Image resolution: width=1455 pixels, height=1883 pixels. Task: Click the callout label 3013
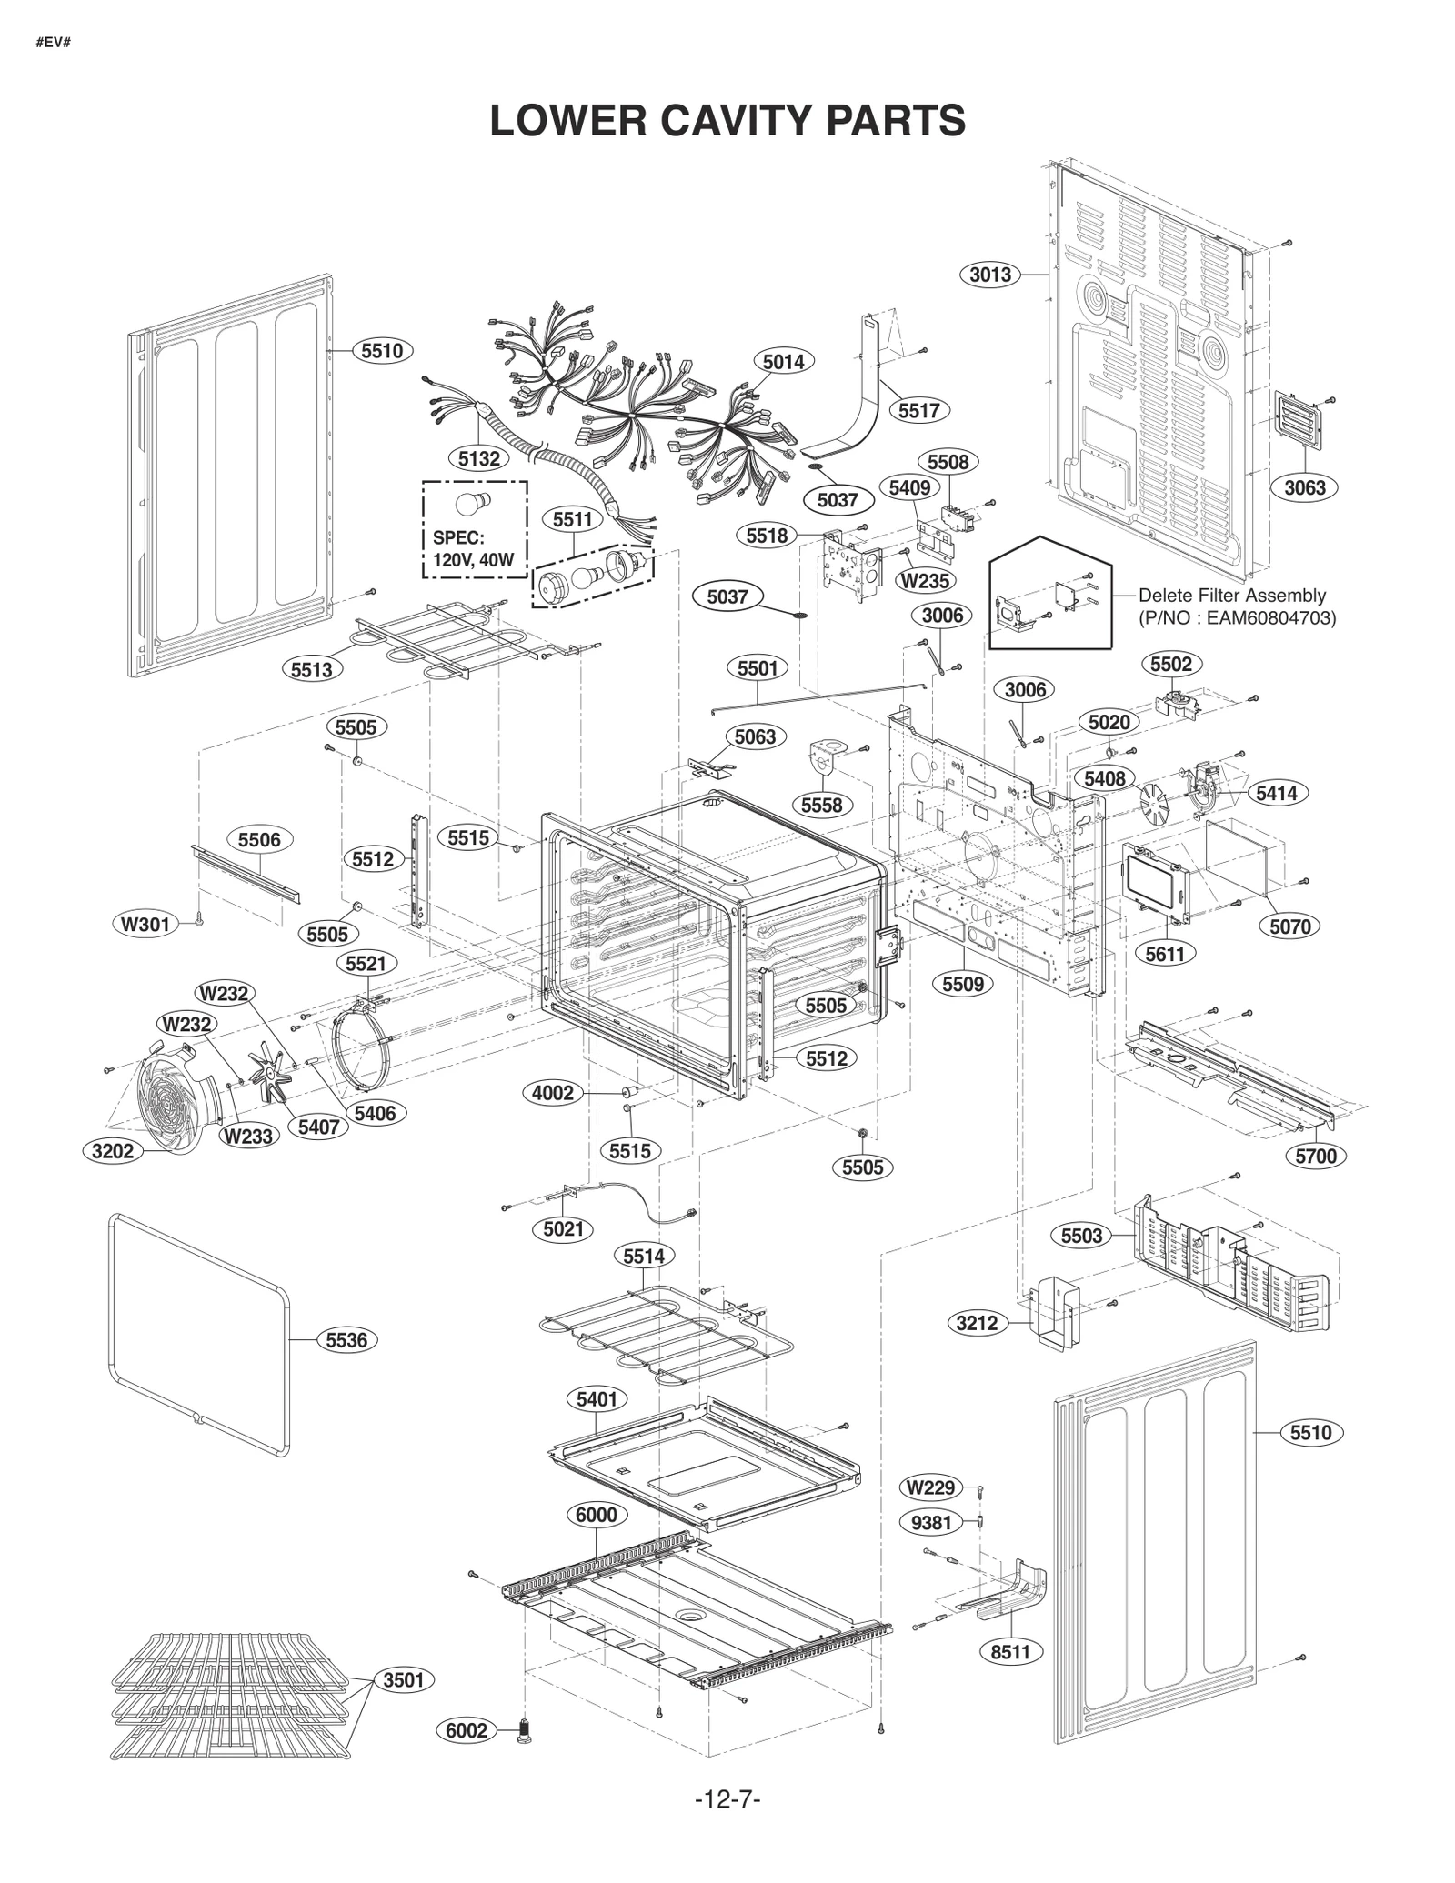989,275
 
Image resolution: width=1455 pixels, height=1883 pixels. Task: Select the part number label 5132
478,458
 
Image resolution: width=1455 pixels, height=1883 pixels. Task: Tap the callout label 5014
783,362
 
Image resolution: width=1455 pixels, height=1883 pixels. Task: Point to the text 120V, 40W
474,560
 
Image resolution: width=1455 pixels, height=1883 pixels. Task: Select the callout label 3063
1304,487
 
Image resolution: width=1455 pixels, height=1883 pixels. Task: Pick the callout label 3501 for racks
403,1679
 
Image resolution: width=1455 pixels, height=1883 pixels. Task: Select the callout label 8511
1009,1651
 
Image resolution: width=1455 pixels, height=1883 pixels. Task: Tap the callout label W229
932,1487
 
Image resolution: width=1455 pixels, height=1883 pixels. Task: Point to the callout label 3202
113,1151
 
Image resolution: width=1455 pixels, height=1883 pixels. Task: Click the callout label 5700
1316,1156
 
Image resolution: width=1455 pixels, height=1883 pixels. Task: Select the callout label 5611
1165,954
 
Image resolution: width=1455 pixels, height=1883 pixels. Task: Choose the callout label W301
145,926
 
